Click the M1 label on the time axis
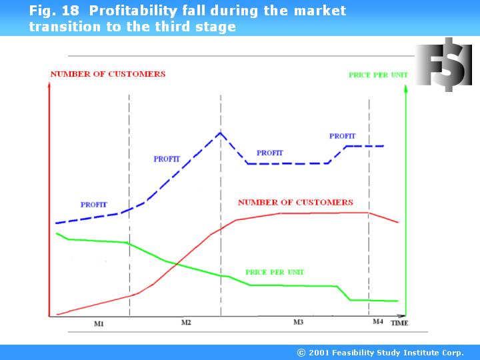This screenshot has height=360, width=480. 99,323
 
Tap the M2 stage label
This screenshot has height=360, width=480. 186,322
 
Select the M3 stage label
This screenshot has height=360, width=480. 298,322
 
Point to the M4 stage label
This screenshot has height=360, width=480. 377,322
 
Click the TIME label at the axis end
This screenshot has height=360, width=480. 399,323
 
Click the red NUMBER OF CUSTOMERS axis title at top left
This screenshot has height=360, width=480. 107,74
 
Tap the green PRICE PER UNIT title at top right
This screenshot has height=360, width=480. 378,75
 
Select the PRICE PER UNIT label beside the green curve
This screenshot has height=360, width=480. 275,272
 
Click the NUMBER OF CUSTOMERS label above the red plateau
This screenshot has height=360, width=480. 295,202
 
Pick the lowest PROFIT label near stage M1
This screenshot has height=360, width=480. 93,205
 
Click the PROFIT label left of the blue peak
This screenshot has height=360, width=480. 167,159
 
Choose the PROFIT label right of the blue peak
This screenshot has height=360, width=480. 269,153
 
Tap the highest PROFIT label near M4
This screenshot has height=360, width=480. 342,136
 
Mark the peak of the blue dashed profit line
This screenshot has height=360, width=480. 220,132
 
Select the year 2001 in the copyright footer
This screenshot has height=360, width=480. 319,353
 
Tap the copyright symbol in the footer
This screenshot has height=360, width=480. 301,353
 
